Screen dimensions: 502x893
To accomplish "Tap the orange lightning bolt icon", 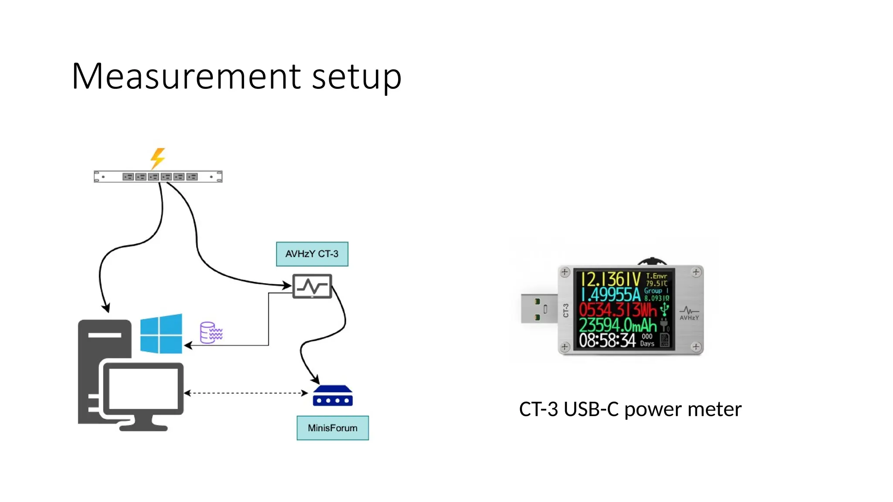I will (x=158, y=158).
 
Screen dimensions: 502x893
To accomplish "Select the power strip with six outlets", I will (x=158, y=176).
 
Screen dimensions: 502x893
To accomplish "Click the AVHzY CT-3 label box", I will (x=312, y=254).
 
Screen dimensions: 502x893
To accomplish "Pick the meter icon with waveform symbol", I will (x=312, y=286).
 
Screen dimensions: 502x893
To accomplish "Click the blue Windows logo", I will (x=161, y=333).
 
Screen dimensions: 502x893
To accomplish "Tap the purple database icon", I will (x=211, y=333).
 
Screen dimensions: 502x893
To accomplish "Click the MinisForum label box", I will (x=332, y=428).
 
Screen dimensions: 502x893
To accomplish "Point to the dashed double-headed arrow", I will (x=246, y=393).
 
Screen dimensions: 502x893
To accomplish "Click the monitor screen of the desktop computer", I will (x=143, y=389).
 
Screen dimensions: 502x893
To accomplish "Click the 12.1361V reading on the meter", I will (x=610, y=279).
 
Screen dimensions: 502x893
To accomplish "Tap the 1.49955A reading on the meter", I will (x=610, y=295).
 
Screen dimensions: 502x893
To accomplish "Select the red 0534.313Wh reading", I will (x=617, y=310).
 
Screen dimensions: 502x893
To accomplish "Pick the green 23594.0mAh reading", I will (x=617, y=325).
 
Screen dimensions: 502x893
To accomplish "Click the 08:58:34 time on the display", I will (x=607, y=340).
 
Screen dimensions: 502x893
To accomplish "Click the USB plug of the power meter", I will (x=539, y=309).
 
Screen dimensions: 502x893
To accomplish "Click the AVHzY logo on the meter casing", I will (x=689, y=313).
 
